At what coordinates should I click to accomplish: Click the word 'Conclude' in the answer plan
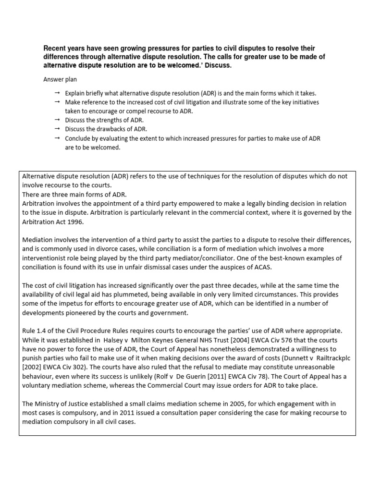79,138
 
